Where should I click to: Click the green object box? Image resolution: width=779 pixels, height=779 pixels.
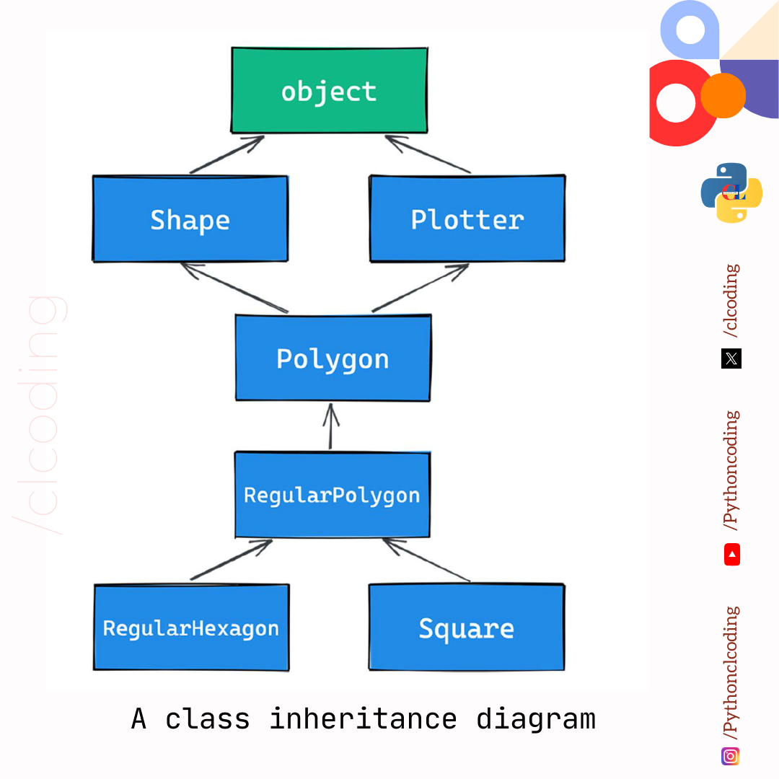point(329,91)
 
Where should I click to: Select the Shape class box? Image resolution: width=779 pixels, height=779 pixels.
point(190,219)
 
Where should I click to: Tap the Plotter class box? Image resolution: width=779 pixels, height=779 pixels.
point(467,219)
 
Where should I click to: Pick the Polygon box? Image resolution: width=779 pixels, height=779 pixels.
point(333,358)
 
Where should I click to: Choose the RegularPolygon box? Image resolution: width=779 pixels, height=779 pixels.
point(332,495)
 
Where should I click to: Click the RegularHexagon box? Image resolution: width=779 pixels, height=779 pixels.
point(191,628)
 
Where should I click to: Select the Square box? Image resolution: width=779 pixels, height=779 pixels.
point(466,628)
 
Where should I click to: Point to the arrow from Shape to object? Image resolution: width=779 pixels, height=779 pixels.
point(226,154)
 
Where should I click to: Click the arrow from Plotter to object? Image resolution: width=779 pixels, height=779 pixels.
point(429,154)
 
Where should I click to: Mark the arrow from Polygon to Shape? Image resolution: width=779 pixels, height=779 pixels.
point(234,288)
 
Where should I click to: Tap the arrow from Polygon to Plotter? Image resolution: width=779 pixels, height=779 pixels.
point(421,288)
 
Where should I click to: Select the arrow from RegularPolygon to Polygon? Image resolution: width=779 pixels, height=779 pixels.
point(331,426)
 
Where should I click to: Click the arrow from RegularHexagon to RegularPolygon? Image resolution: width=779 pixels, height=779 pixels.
point(231,560)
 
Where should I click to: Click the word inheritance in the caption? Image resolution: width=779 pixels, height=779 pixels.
point(363,719)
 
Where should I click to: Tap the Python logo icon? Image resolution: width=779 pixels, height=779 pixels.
point(731,193)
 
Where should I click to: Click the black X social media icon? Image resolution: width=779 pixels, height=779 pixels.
point(731,358)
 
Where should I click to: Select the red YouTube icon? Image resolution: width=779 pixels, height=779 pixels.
point(732,555)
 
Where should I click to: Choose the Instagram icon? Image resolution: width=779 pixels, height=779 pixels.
point(731,756)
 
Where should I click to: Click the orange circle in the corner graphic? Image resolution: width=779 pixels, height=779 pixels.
point(723,95)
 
